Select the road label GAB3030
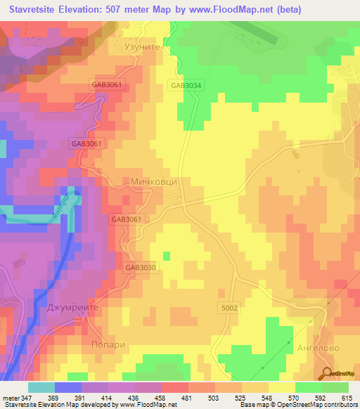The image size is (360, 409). [141, 267]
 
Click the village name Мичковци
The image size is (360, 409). [154, 181]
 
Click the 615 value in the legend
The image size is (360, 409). [348, 397]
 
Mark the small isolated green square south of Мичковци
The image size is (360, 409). [167, 256]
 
